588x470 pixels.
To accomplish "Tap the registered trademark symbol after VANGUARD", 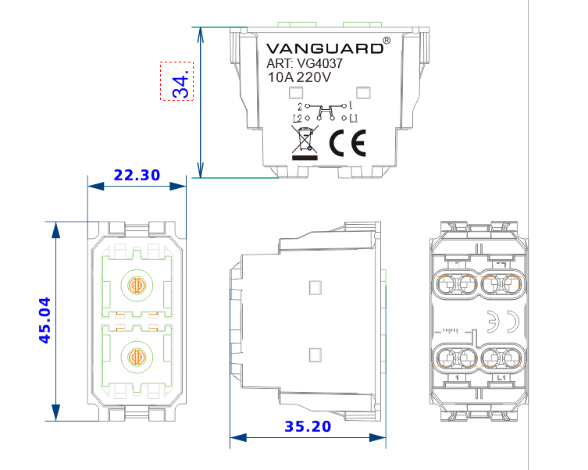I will click(x=387, y=40).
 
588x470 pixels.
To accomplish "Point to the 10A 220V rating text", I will click(x=299, y=78).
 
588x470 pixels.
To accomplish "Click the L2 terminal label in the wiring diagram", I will click(x=298, y=118).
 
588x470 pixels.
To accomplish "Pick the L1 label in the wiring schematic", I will click(x=354, y=118).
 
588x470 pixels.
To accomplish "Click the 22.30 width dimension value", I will click(x=137, y=176).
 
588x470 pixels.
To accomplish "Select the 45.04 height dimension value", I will click(x=45, y=320).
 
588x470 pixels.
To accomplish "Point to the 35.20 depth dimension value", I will click(x=308, y=427).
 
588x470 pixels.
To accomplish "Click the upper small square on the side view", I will click(x=315, y=287).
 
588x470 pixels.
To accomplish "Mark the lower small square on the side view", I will click(x=315, y=354).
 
